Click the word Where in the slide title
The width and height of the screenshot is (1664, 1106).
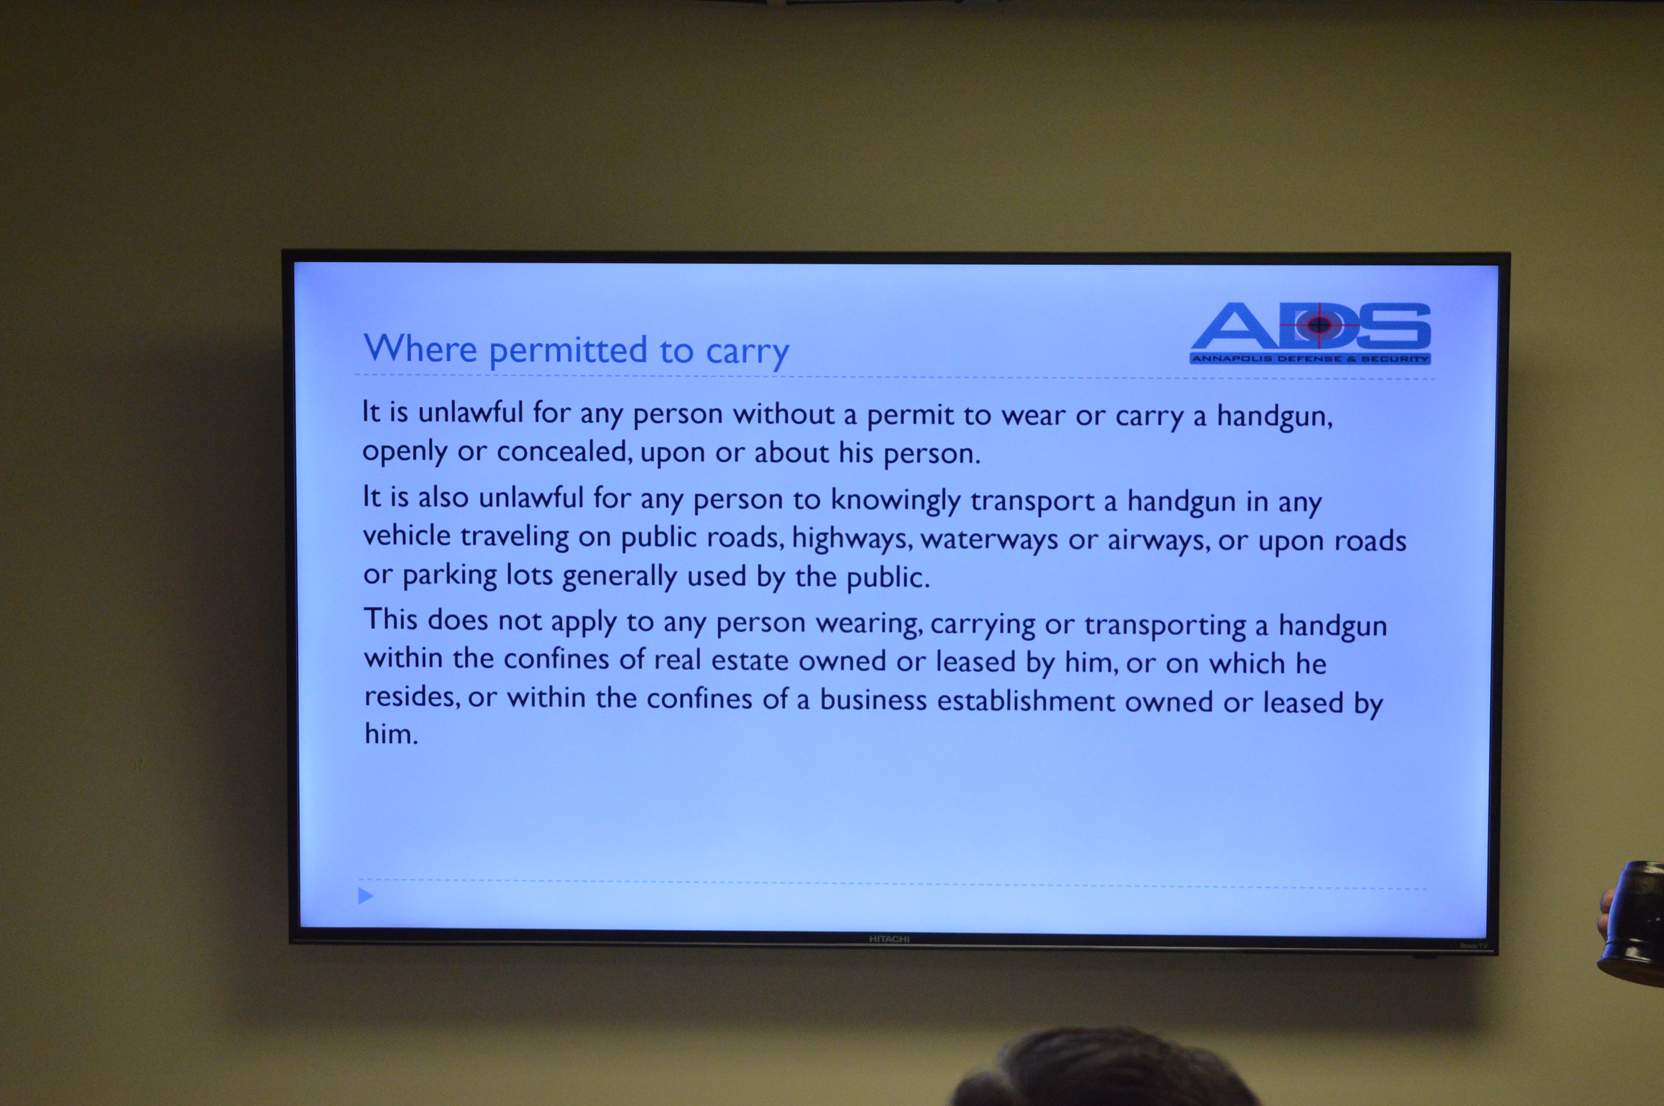coord(420,348)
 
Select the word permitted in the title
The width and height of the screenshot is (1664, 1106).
coord(568,351)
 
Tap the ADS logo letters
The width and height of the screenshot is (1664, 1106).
coord(1310,326)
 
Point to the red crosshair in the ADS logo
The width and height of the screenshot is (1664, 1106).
coord(1319,325)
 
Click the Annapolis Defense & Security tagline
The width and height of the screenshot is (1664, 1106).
coord(1310,358)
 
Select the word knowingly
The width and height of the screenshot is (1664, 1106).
coord(895,502)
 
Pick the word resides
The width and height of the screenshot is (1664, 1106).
coord(412,697)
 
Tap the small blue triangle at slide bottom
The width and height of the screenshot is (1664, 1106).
coord(366,896)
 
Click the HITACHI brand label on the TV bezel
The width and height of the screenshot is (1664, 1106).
coord(889,939)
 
